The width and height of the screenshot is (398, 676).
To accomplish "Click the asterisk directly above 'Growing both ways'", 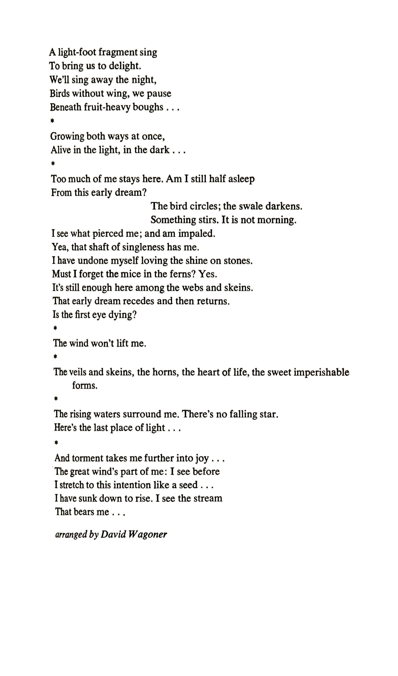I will (52, 121).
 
